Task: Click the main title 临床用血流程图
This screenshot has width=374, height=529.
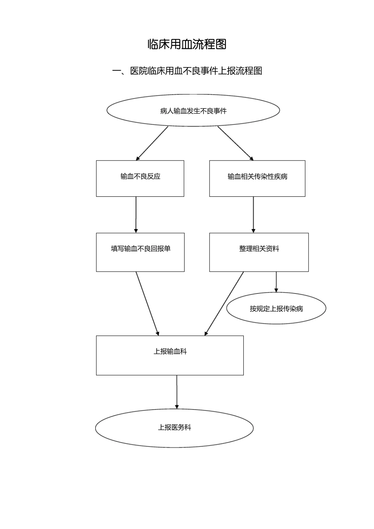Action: coord(187,44)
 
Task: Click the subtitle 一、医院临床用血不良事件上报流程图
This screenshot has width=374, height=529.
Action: coord(187,71)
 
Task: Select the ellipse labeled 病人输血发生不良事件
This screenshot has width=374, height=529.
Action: coord(193,111)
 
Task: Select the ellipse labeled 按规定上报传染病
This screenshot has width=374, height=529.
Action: coord(276,309)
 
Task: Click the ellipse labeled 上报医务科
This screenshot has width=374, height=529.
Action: coord(174,427)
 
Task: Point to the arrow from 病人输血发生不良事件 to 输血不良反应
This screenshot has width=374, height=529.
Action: coord(152,143)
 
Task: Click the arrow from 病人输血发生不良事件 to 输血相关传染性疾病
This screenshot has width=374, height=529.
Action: coord(235,143)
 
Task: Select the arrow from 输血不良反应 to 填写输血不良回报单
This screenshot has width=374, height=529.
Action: coord(136,215)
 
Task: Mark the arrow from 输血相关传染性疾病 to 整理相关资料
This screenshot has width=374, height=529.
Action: coord(254,215)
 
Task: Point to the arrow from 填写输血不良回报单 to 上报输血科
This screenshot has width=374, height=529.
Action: coord(147,303)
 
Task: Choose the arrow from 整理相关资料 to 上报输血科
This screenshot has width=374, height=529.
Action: coord(224,303)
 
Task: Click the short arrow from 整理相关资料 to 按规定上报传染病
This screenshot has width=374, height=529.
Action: coord(276,282)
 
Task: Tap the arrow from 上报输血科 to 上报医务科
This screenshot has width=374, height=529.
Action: coord(177,392)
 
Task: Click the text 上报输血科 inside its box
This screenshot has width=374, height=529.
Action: coord(170,351)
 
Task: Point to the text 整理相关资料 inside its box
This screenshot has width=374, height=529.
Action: coord(259,249)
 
